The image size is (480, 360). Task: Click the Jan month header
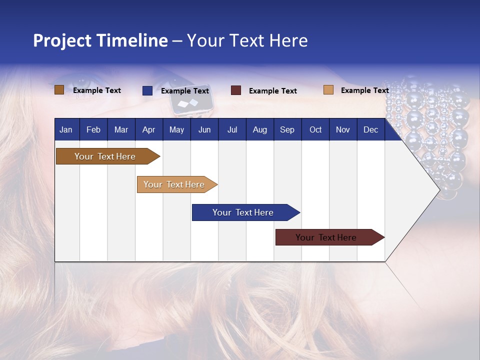click(66, 129)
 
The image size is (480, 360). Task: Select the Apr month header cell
click(149, 129)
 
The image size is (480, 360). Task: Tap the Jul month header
click(232, 129)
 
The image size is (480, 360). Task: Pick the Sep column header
click(287, 129)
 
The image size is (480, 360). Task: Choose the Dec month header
click(370, 129)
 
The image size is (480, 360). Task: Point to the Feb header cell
click(93, 129)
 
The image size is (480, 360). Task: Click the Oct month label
click(315, 129)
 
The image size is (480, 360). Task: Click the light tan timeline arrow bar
click(175, 184)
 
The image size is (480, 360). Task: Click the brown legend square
click(59, 90)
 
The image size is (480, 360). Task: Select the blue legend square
click(147, 90)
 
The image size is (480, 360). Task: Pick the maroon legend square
click(236, 90)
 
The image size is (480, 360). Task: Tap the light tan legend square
click(328, 90)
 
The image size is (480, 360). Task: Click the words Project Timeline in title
click(100, 40)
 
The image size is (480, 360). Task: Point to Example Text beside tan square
click(364, 90)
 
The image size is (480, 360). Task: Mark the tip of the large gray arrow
click(439, 189)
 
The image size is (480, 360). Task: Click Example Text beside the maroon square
click(272, 91)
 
